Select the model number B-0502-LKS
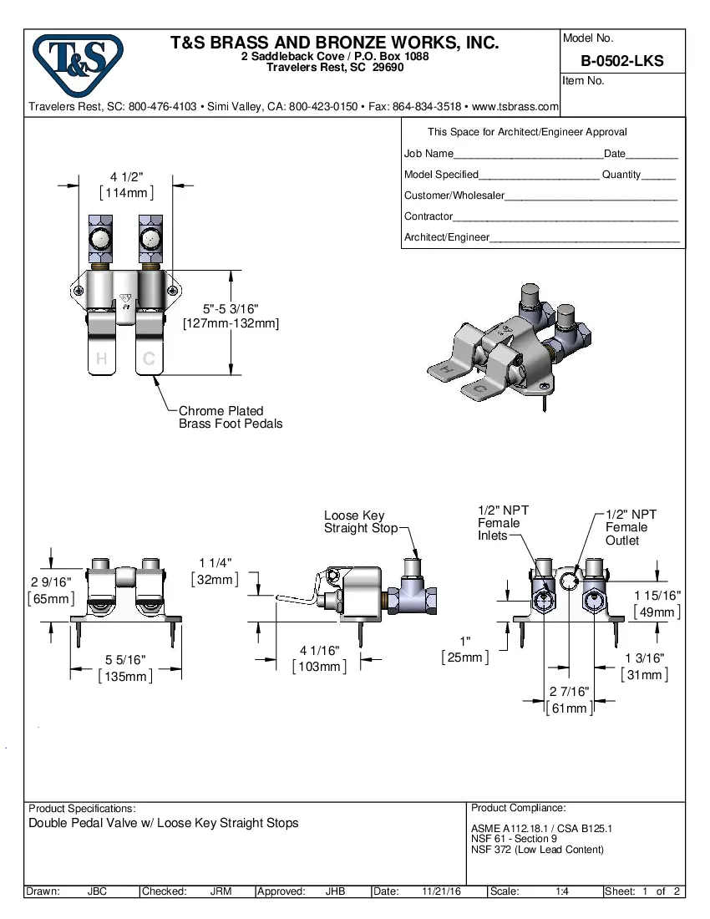pyautogui.click(x=622, y=61)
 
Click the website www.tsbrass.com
pyautogui.click(x=515, y=107)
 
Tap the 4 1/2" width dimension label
pyautogui.click(x=127, y=176)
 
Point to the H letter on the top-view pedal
pyautogui.click(x=101, y=359)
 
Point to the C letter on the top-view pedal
pyautogui.click(x=149, y=359)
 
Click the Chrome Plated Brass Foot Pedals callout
pyautogui.click(x=231, y=417)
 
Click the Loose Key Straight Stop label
pyautogui.click(x=355, y=522)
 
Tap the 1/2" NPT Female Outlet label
pyautogui.click(x=631, y=527)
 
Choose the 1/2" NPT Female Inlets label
pyautogui.click(x=502, y=523)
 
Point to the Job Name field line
pyautogui.click(x=527, y=155)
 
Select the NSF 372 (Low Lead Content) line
pyautogui.click(x=537, y=850)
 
